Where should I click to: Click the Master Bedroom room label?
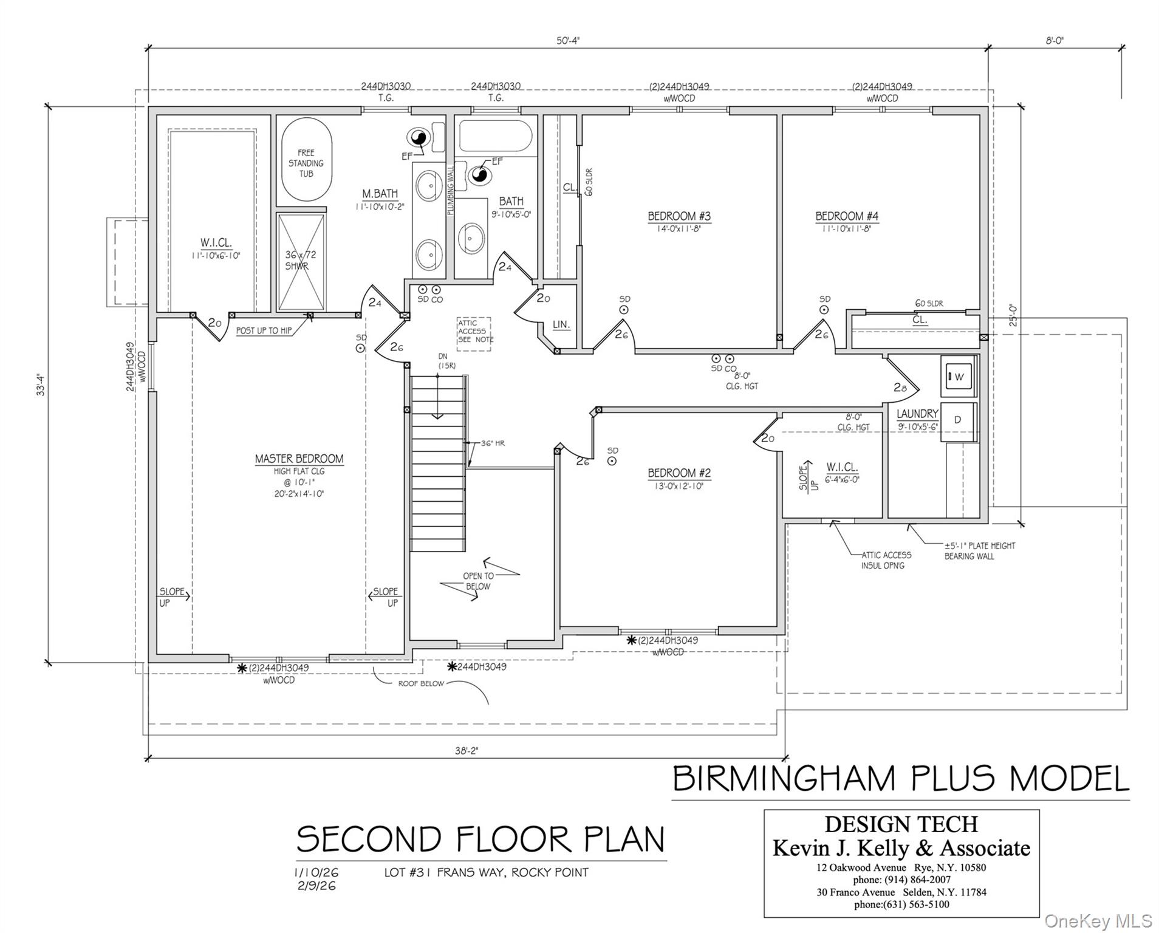[x=299, y=459]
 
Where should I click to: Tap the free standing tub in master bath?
[x=306, y=162]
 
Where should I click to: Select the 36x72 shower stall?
[x=301, y=261]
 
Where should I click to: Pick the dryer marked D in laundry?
[x=958, y=420]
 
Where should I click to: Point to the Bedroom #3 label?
[x=679, y=216]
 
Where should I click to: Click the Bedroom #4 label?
[x=846, y=216]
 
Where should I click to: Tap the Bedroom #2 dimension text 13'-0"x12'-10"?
[x=679, y=486]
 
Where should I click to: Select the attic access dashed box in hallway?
[x=474, y=332]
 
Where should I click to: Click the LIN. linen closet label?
[x=561, y=325]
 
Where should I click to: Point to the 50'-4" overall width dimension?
[x=568, y=41]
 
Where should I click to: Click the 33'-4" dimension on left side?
[x=41, y=385]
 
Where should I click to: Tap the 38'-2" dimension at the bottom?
[x=467, y=750]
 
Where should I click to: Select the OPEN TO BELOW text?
[x=478, y=581]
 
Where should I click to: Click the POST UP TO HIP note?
[x=264, y=330]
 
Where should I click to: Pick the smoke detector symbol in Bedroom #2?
[x=612, y=461]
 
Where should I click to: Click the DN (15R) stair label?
[x=447, y=361]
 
